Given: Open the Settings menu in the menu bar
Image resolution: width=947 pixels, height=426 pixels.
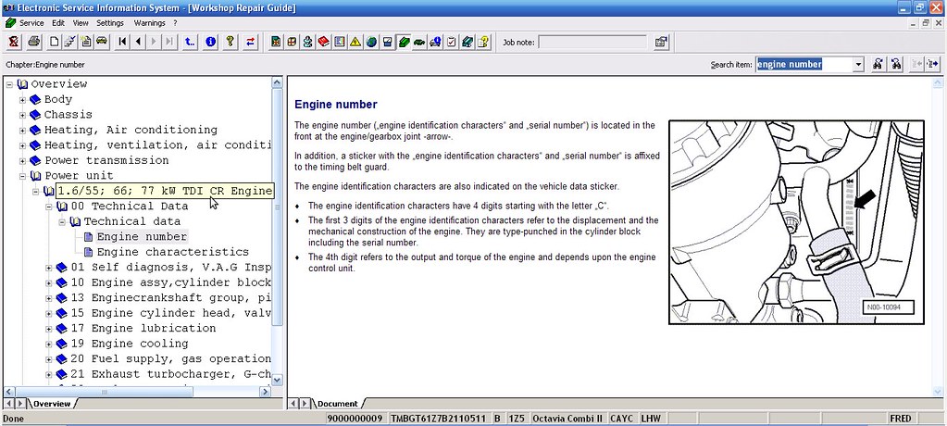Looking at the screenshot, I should (x=110, y=22).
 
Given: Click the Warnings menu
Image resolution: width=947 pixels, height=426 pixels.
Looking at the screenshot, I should (x=149, y=22).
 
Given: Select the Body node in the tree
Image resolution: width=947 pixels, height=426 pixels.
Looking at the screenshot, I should (x=57, y=99).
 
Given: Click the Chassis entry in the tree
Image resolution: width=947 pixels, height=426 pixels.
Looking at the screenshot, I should (x=68, y=115).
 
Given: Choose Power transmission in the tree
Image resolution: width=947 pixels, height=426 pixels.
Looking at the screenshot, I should (x=106, y=160).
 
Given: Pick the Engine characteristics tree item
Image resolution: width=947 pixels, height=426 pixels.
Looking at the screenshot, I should (x=172, y=252).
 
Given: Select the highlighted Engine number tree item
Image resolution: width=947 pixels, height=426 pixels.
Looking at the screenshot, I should (x=142, y=236).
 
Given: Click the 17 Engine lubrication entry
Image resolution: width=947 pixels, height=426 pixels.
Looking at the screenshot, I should (x=143, y=328).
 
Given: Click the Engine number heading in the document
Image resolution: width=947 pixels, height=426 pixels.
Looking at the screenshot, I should (x=335, y=105).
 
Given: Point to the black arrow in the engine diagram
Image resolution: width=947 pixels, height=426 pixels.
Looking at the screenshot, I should (x=866, y=199).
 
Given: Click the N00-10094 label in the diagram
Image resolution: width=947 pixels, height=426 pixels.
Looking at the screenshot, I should (x=883, y=308).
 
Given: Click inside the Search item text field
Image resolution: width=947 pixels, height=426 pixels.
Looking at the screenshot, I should (x=802, y=65).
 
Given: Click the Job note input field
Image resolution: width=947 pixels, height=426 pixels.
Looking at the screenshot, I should (x=592, y=42).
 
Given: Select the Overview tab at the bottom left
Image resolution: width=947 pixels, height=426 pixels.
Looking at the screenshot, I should (x=51, y=404).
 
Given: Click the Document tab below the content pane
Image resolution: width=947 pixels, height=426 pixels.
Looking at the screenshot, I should (x=337, y=404).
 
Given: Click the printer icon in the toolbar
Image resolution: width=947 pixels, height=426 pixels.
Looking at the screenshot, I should (x=33, y=42).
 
